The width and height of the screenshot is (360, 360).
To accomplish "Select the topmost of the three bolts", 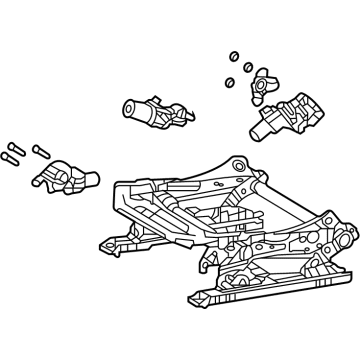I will pos(13,146).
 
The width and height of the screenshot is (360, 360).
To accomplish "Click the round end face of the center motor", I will pos(129,110).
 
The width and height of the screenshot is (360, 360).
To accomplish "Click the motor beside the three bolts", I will pos(67,177).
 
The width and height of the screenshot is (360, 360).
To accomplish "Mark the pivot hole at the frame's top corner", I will pos(235,164).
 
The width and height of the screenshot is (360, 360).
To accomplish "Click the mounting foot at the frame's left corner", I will pos(104,243).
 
